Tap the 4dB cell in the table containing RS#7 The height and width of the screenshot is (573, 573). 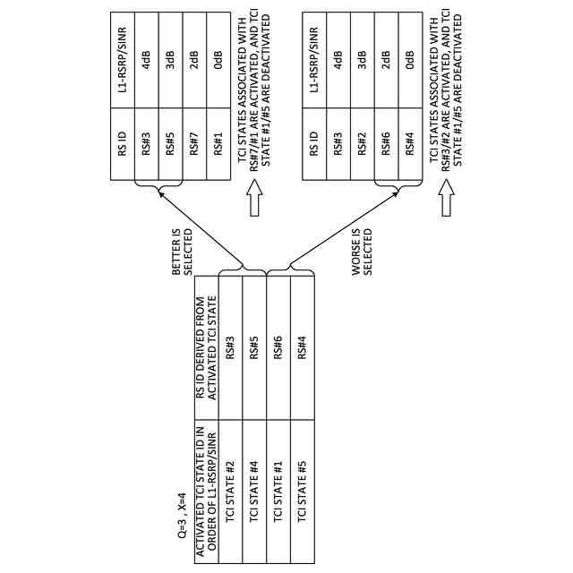click(x=147, y=66)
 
